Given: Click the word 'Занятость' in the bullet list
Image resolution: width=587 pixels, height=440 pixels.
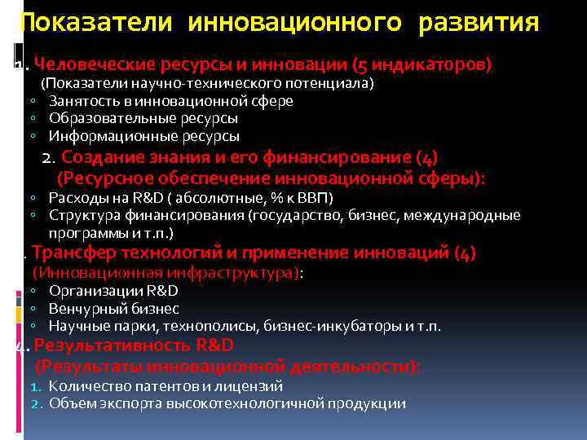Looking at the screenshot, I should tap(79, 101).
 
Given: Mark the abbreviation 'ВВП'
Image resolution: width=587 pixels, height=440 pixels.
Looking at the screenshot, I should tap(316, 198).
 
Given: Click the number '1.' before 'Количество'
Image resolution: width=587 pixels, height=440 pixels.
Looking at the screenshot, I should tap(35, 386).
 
